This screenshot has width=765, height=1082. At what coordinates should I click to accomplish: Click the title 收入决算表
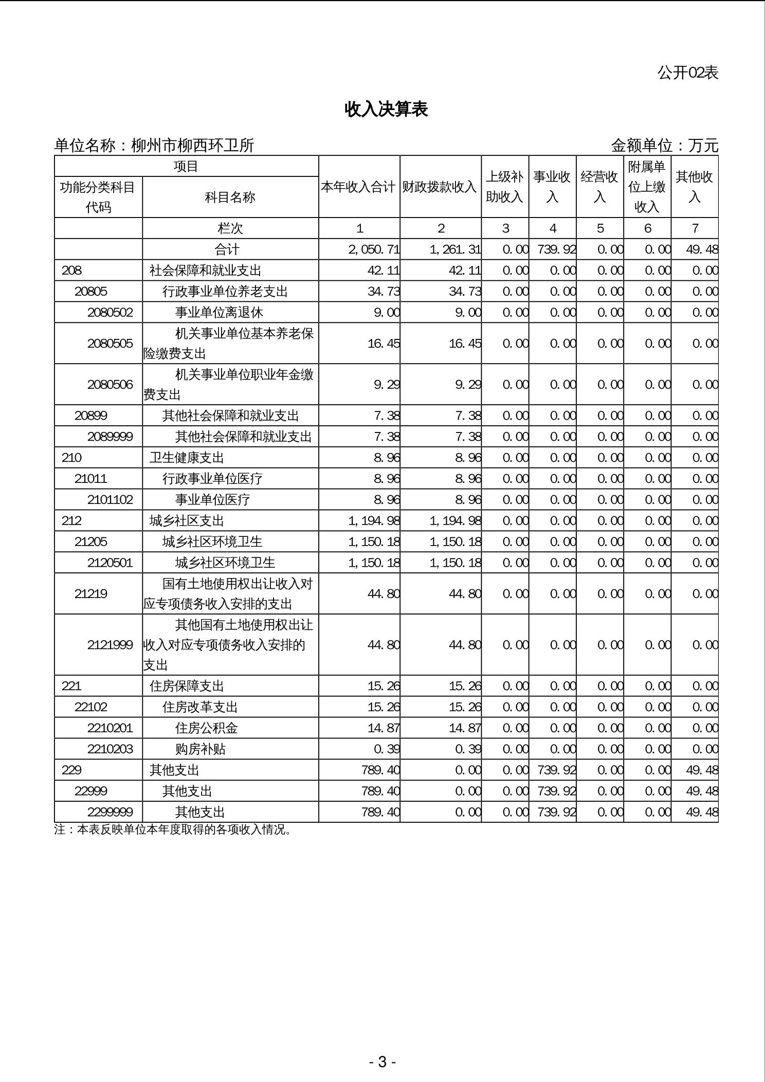point(386,110)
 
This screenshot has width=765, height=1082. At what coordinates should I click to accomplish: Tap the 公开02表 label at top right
point(687,73)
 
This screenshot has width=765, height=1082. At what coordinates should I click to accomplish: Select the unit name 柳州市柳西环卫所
point(193,146)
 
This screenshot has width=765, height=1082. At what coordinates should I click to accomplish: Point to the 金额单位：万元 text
point(664,146)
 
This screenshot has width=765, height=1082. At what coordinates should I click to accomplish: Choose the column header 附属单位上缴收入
point(647,187)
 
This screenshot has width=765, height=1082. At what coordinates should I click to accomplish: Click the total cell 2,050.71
point(374,250)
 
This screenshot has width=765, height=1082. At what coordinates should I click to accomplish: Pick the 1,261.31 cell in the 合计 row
point(455,250)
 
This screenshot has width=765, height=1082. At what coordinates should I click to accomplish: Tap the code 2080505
point(110,344)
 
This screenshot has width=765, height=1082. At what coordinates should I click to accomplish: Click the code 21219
point(91,594)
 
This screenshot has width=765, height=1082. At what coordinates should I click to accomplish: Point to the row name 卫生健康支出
point(187,458)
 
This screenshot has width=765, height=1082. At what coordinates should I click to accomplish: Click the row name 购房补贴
point(200,749)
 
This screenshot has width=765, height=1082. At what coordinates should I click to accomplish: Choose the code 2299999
point(110,813)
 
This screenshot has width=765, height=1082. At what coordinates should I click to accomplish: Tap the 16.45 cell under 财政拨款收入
point(465,344)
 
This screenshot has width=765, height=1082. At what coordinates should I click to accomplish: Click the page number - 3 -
point(382,1062)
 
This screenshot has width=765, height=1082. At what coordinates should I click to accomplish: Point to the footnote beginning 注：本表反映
point(173,829)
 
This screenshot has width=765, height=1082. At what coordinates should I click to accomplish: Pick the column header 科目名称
point(230,197)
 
